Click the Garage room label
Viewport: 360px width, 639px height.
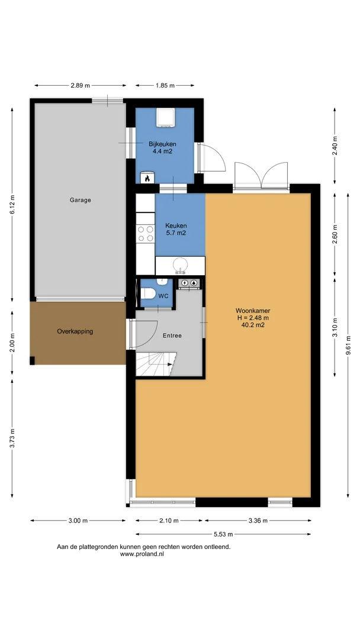pos(80,200)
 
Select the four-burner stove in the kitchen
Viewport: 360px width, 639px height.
pos(146,234)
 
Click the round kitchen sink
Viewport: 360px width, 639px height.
pos(180,265)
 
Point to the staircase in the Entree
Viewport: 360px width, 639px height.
pos(156,364)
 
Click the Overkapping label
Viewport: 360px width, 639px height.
pos(75,331)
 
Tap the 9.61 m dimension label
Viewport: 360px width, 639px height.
pos(348,346)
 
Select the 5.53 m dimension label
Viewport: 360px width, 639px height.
pos(223,534)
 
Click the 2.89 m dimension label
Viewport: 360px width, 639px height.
pos(81,86)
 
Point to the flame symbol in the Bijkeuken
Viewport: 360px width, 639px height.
pos(147,177)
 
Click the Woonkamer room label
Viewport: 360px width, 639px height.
pos(253,311)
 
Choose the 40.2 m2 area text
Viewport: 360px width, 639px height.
pos(253,325)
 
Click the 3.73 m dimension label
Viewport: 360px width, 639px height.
pos(12,438)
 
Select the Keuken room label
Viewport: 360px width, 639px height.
pos(176,225)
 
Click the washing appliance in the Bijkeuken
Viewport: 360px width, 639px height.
pos(166,118)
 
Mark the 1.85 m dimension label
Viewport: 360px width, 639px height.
pos(165,86)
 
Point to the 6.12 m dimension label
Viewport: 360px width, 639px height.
pos(12,204)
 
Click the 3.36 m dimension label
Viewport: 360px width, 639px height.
pos(258,521)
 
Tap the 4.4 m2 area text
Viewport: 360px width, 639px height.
pos(162,151)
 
